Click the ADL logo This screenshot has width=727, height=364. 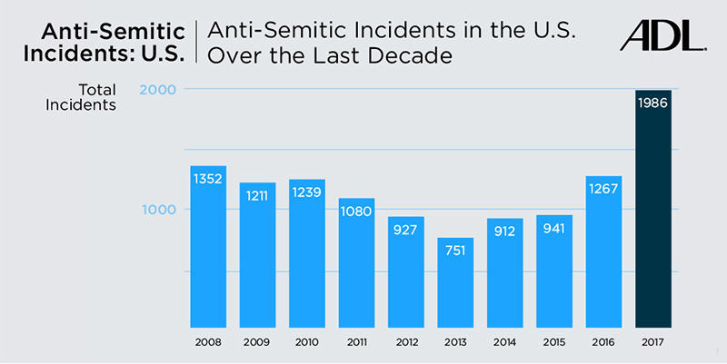pyautogui.click(x=662, y=35)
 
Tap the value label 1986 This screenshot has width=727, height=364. pyautogui.click(x=652, y=103)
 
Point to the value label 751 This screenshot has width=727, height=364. pyautogui.click(x=455, y=251)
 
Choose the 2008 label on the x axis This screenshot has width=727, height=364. pyautogui.click(x=207, y=344)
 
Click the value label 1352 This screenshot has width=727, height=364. pyautogui.click(x=208, y=179)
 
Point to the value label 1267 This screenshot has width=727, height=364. pyautogui.click(x=603, y=189)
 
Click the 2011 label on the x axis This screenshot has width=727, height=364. pyautogui.click(x=356, y=344)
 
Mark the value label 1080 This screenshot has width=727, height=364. pyautogui.click(x=356, y=212)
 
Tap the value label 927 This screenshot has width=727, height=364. pyautogui.click(x=406, y=230)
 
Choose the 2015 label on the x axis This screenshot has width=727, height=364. pyautogui.click(x=553, y=344)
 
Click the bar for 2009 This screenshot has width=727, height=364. pyautogui.click(x=257, y=263)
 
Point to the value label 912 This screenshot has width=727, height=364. pyautogui.click(x=504, y=231)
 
